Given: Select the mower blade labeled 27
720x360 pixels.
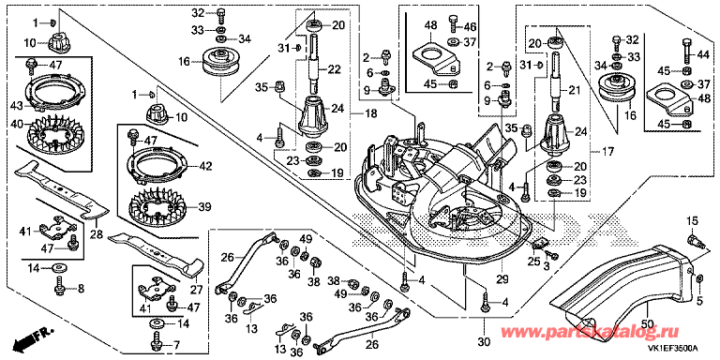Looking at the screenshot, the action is click(157, 256).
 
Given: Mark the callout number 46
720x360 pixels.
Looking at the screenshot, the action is click(471, 25).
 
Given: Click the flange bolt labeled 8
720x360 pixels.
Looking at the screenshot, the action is click(61, 287).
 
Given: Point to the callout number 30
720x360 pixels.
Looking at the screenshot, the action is click(485, 342).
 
